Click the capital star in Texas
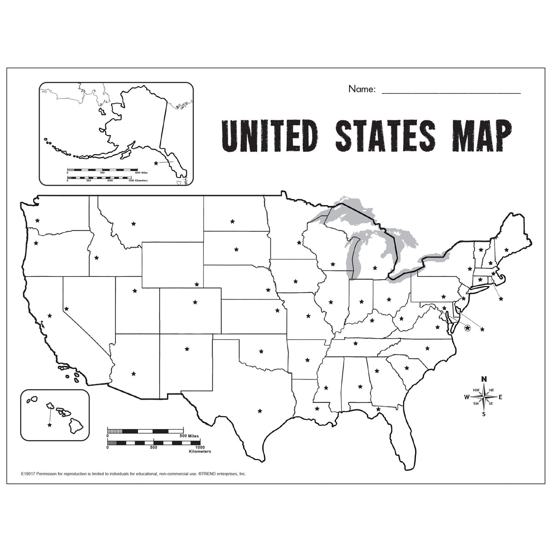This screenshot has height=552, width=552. [x=260, y=410]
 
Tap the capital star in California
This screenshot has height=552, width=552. [x=50, y=316]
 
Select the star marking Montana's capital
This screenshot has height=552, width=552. [x=133, y=224]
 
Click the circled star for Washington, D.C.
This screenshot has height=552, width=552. [x=468, y=328]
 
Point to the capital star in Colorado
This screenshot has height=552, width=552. [x=195, y=302]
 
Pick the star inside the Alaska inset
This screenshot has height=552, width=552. [x=156, y=163]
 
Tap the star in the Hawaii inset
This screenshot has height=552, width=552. [x=49, y=425]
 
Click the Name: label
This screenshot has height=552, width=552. [x=362, y=89]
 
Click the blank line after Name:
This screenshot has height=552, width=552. [x=451, y=92]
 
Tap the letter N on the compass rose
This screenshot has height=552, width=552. [x=483, y=379]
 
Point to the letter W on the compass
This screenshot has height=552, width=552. [x=467, y=397]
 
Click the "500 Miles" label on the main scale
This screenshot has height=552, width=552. [x=189, y=436]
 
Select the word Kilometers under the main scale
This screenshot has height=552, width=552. [x=200, y=452]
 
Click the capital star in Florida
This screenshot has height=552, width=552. [x=378, y=409]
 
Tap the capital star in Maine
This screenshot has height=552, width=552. [x=506, y=249]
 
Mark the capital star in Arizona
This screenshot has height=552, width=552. [x=133, y=374]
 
